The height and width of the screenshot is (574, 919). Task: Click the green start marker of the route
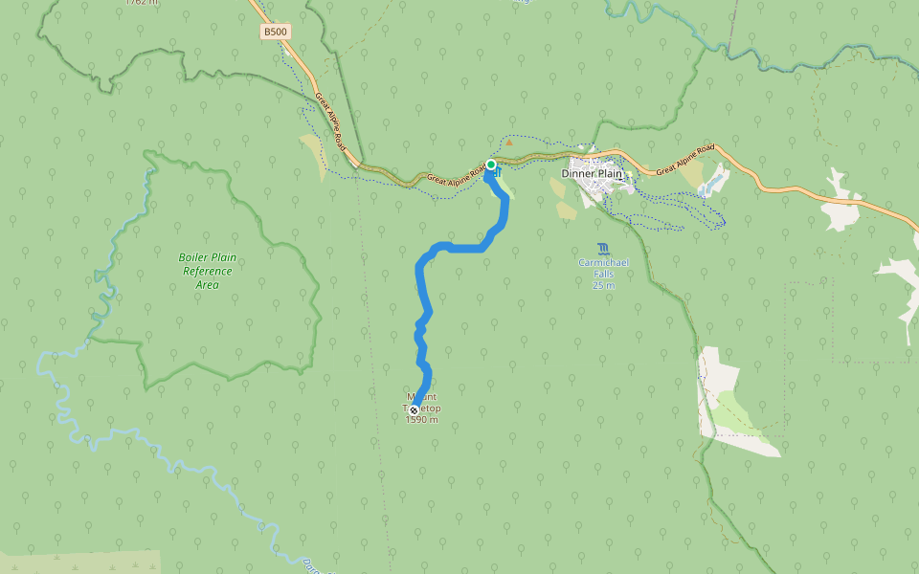pyautogui.click(x=491, y=165)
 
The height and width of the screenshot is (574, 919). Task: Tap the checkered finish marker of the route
pyautogui.click(x=414, y=409)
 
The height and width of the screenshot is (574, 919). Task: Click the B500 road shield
pyautogui.click(x=276, y=32)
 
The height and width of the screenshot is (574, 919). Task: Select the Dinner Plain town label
pyautogui.click(x=592, y=174)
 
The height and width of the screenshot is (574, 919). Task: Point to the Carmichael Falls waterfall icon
pyautogui.click(x=602, y=249)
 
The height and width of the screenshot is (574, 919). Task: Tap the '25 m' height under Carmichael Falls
pyautogui.click(x=602, y=285)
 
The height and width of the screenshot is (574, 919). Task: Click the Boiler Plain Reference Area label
pyautogui.click(x=208, y=271)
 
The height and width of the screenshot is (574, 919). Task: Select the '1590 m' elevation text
pyautogui.click(x=421, y=420)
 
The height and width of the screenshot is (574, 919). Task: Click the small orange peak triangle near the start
pyautogui.click(x=509, y=143)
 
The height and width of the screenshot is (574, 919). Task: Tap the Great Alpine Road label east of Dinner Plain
pyautogui.click(x=685, y=160)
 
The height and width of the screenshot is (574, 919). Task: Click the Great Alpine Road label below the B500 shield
pyautogui.click(x=330, y=121)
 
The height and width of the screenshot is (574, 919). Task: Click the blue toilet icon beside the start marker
pyautogui.click(x=499, y=173)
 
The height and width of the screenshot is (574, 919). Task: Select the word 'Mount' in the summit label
pyautogui.click(x=421, y=396)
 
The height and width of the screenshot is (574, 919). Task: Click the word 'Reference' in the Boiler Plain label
pyautogui.click(x=208, y=271)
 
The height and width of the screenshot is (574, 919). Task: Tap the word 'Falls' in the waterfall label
pyautogui.click(x=602, y=274)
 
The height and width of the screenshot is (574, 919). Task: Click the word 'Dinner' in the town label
pyautogui.click(x=577, y=174)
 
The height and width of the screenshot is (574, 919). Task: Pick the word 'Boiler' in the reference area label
pyautogui.click(x=194, y=257)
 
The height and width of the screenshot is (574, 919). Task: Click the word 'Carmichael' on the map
pyautogui.click(x=602, y=262)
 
